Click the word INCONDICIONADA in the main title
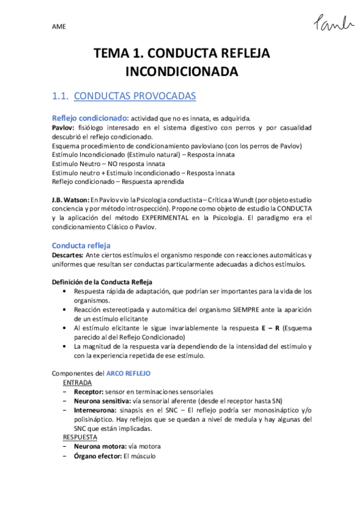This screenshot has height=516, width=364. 182,72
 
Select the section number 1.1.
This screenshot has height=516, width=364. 59,96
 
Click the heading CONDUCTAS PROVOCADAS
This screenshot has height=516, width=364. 134,96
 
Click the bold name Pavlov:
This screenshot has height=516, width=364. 64,128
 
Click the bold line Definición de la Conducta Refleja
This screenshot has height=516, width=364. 101,282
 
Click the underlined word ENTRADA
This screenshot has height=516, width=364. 77,383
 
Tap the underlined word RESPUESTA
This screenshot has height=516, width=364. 80,437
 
